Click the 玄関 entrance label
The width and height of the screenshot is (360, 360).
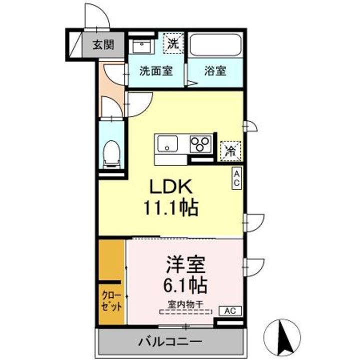point(103,44)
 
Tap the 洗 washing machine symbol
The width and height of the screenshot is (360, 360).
point(173,43)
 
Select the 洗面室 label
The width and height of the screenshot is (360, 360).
point(156,71)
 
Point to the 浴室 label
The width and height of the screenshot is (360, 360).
point(215,71)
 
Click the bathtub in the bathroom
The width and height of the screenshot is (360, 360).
point(215,45)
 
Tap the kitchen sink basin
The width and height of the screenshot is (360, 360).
point(167,144)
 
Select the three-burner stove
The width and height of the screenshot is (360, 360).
point(200,144)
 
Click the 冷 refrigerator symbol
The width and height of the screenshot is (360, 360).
point(230,151)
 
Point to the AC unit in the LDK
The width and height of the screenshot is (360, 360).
point(236,178)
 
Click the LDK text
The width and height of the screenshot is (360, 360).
point(171,186)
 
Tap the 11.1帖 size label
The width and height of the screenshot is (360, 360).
point(171,208)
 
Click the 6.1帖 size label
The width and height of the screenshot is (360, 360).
point(185,285)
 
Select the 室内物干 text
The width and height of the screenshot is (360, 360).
point(185,304)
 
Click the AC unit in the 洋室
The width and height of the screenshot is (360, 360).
point(230,311)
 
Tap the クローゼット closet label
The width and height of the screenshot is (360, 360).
point(111,301)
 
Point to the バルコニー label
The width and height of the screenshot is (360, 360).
point(170,341)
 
